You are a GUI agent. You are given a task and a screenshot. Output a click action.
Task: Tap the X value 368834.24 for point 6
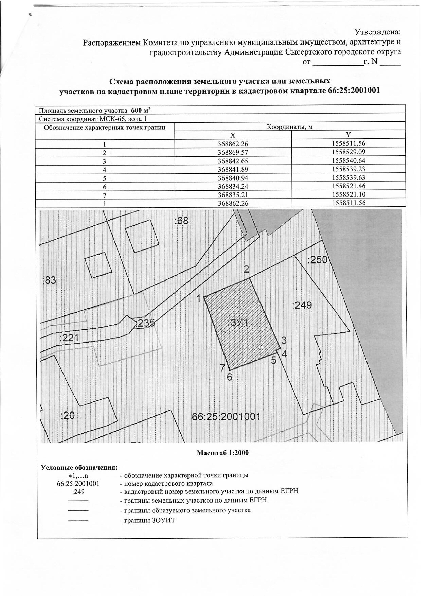coord(233,186)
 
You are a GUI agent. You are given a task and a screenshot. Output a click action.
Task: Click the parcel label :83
coord(49,281)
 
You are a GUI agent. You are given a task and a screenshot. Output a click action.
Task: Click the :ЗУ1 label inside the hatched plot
coord(238,323)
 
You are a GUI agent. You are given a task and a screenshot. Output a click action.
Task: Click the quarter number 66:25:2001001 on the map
coord(226,417)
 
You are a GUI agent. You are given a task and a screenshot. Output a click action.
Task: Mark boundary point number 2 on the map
coord(246,269)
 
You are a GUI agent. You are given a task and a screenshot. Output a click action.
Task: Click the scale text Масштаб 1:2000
coord(223,453)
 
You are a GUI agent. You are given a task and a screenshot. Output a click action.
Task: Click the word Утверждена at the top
coord(377,32)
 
